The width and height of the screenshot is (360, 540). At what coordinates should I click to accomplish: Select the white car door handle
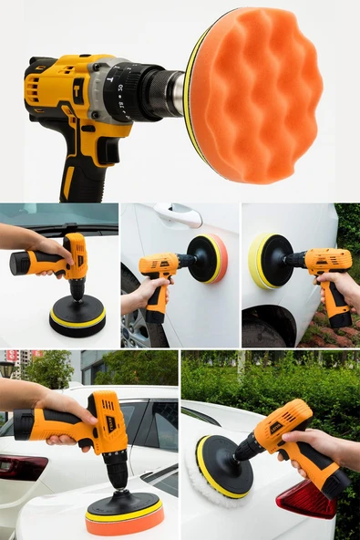tap(178, 214)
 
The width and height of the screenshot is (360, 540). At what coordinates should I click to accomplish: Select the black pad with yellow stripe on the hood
tap(77, 316)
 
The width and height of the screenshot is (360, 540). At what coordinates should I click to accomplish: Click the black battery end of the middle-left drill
tap(19, 265)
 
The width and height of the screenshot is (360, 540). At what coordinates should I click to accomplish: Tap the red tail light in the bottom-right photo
tap(306, 499)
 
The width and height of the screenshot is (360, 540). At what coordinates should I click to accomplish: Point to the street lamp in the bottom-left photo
tap(8, 369)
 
